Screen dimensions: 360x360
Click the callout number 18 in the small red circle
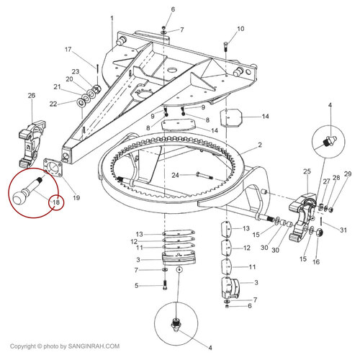click(56, 202)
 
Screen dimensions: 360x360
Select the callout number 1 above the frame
click(112, 19)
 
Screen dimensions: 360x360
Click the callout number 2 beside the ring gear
click(260, 145)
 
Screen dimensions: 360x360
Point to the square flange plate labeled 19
click(53, 167)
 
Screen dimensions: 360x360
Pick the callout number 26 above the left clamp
click(32, 96)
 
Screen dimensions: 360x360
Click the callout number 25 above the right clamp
click(307, 171)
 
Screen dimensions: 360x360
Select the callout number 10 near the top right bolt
click(240, 29)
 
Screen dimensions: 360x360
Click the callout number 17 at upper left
click(68, 50)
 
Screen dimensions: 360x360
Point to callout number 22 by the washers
click(53, 104)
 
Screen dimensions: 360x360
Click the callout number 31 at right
click(343, 230)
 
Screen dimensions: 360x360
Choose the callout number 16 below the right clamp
click(316, 262)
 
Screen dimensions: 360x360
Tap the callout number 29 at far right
click(348, 174)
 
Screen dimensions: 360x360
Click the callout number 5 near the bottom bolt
click(136, 286)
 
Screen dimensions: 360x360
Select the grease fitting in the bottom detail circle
click(176, 325)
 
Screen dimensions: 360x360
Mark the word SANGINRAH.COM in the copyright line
click(94, 346)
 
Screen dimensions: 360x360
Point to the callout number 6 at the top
click(173, 9)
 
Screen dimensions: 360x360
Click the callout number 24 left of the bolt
click(175, 175)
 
